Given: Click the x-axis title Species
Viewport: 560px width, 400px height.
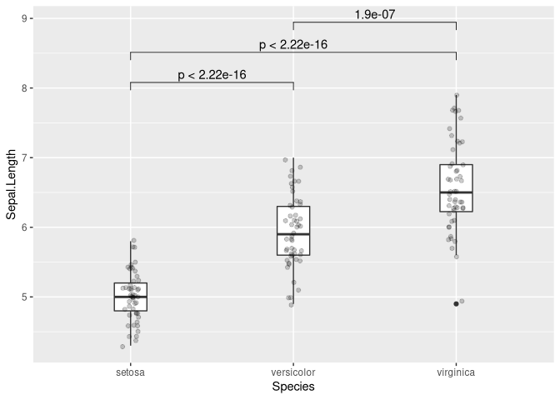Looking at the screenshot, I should [293, 387].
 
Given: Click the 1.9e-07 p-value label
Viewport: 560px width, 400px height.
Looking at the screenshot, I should [374, 14].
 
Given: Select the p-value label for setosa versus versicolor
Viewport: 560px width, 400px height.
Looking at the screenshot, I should [212, 75].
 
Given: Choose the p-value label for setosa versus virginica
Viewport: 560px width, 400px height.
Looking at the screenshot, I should [293, 44].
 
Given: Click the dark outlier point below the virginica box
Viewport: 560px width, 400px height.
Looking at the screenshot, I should [456, 303].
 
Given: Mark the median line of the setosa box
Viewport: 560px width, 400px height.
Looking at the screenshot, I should [131, 297].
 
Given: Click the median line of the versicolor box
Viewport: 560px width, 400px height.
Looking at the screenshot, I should [293, 234].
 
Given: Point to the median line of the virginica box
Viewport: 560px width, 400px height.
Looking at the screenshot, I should [456, 192].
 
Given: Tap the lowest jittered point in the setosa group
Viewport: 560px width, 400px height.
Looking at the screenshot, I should [122, 346].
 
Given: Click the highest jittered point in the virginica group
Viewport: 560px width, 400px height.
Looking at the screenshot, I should [457, 95].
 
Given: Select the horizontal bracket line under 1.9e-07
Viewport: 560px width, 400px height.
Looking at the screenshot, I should [374, 22].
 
